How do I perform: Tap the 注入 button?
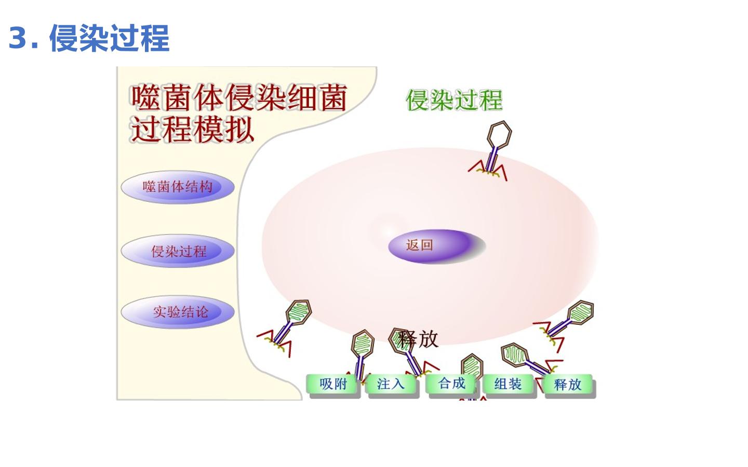(391, 384)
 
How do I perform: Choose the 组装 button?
(508, 384)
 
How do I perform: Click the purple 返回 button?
(434, 246)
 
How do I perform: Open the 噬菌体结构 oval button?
(178, 187)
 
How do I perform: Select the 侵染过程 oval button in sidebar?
(178, 251)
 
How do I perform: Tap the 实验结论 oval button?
(178, 312)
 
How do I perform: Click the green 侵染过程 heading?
(454, 100)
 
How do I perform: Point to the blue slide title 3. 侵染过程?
(89, 38)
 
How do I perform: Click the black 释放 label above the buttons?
(418, 339)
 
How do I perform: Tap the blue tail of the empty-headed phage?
(491, 159)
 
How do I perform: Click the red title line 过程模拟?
(192, 129)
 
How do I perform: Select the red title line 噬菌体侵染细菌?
(238, 98)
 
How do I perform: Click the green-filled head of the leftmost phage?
(299, 312)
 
